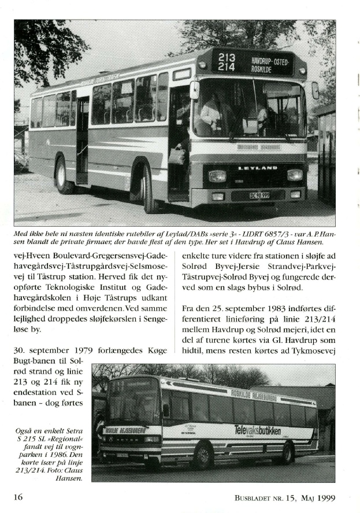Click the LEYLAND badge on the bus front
pos(258,168)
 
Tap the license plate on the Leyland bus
pos(259,195)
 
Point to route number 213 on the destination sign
pos(227,58)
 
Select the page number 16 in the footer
pos(18,497)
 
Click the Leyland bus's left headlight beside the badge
pos(217,176)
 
